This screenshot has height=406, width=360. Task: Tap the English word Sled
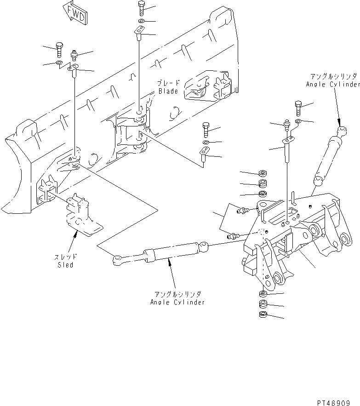66,265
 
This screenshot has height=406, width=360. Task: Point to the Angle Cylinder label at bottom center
177,302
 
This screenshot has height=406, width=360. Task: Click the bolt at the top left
58,47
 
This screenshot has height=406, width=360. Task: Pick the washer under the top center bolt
141,22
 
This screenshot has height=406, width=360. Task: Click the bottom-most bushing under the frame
263,315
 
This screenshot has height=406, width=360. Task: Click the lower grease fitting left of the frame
233,236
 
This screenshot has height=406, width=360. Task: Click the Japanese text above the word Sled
66,258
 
